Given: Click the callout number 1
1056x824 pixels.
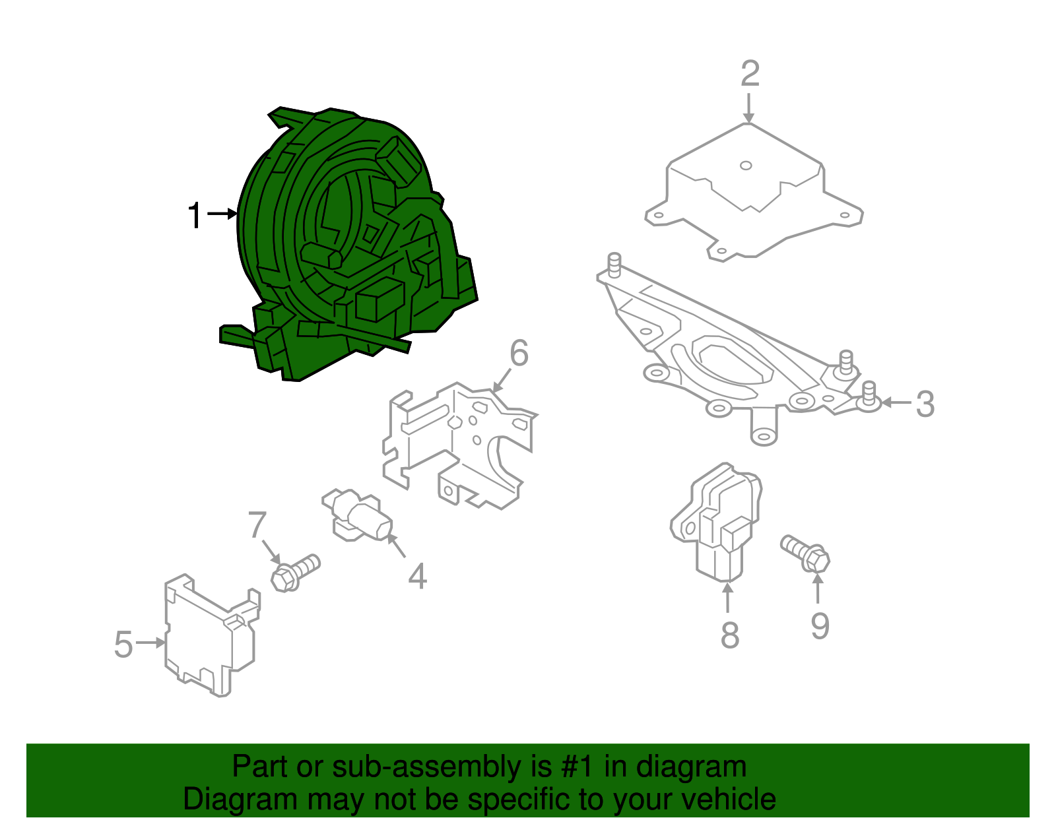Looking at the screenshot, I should point(194,216).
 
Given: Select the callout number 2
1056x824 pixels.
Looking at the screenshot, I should point(750,73).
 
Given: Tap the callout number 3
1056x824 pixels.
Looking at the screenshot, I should point(925,404).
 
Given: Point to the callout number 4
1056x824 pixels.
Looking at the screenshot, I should point(417,576).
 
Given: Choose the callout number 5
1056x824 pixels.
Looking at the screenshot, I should point(123,644).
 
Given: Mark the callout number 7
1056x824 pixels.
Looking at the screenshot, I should point(257,525).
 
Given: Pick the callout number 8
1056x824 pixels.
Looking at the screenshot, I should point(729,635).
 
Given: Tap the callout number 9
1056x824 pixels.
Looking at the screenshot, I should point(819,625).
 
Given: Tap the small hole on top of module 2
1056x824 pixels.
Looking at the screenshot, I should point(746,166).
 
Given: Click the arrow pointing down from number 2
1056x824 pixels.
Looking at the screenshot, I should point(748,108).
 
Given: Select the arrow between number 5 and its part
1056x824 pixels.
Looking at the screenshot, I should point(151,643).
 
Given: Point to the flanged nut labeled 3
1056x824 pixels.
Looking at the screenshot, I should point(869,399).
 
